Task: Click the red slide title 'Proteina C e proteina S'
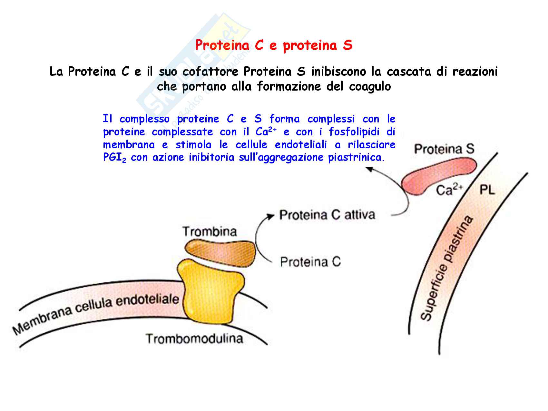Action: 274,45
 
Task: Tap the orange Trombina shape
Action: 220,251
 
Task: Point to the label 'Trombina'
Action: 210,231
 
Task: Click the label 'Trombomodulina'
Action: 194,339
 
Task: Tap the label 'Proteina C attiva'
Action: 327,215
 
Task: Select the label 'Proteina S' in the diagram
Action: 444,149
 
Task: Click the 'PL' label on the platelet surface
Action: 487,190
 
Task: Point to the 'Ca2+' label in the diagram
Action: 449,190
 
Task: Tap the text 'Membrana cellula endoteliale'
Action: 96,311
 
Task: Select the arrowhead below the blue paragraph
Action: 369,169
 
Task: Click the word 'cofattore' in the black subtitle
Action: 210,72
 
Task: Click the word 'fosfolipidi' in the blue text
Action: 354,132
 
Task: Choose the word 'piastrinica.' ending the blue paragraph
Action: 357,158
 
